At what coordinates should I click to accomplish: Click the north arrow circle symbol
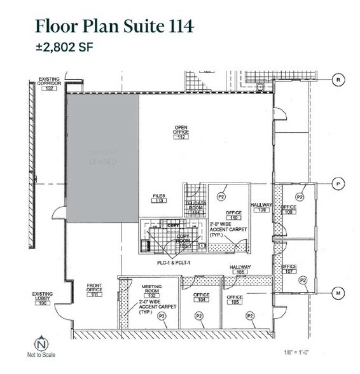(41, 344)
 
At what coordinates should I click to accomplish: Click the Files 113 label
(159, 199)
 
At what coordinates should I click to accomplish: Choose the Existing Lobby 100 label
(42, 297)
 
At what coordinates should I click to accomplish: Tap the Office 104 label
(202, 298)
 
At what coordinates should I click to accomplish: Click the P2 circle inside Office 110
(222, 196)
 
